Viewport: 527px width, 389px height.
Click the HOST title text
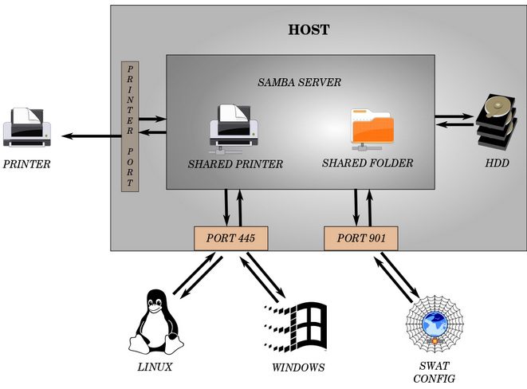click(309, 31)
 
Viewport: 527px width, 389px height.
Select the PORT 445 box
click(230, 238)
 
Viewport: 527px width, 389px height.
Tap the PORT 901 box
click(360, 238)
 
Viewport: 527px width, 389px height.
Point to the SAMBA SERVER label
click(299, 82)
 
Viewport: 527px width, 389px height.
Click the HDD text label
click(498, 164)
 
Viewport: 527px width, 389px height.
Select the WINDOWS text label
click(298, 367)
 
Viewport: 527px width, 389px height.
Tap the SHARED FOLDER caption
click(368, 163)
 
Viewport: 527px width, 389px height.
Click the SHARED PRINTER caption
click(235, 165)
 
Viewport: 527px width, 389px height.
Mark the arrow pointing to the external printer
click(88, 136)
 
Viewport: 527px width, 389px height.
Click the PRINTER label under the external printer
click(26, 165)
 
